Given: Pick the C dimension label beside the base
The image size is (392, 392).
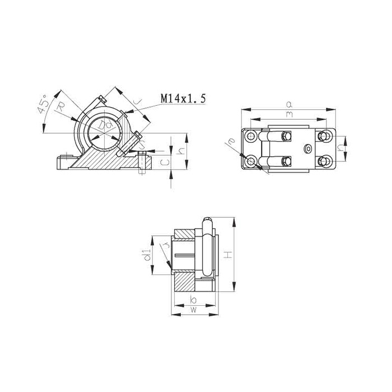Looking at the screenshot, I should click(162, 162).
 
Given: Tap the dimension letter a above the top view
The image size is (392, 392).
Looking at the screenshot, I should click(288, 104).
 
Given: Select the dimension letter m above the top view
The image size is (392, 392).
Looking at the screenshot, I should click(288, 114).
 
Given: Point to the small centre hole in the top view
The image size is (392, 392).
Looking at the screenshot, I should click(307, 149).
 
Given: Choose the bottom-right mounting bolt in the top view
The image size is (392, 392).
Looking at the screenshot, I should click(324, 162).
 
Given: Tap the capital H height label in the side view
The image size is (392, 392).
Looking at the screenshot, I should click(228, 255).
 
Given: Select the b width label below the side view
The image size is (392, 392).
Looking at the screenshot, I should click(193, 300).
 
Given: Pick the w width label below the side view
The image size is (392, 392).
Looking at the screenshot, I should click(193, 309).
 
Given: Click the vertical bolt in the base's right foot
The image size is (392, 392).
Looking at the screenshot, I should click(143, 164).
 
